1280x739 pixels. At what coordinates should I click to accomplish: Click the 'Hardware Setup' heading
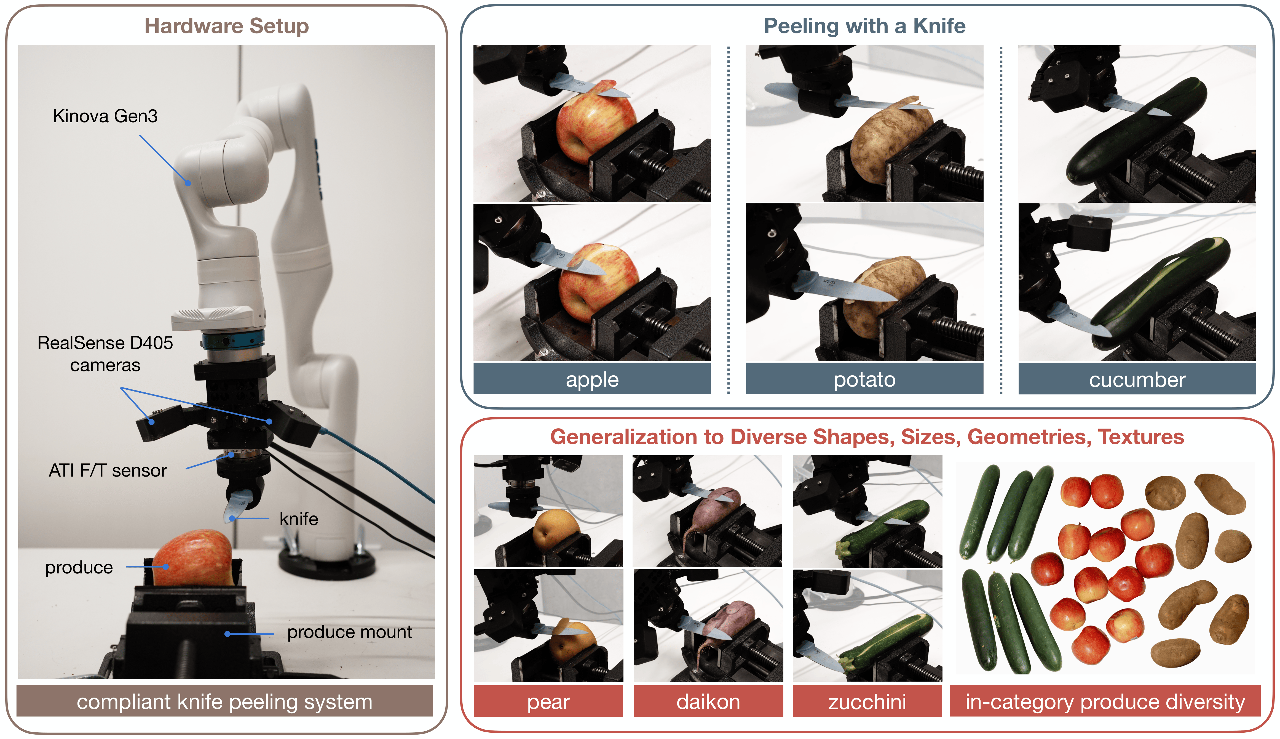pyautogui.click(x=227, y=26)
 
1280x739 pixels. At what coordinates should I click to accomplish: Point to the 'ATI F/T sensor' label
pyautogui.click(x=108, y=470)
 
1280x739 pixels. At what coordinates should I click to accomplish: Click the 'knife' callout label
pyautogui.click(x=299, y=519)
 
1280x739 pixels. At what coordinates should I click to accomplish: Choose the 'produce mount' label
pyautogui.click(x=349, y=632)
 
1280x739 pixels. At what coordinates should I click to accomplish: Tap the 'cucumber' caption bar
pyautogui.click(x=1137, y=379)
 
